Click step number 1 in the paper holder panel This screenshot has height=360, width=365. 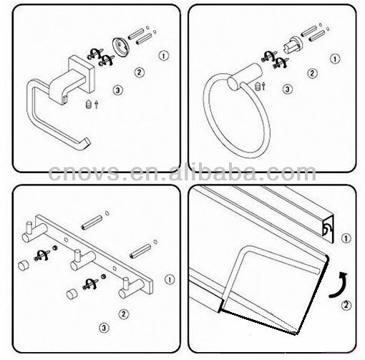click(x=164, y=56)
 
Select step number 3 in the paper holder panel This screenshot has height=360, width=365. click(x=117, y=90)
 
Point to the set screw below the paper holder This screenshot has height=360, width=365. click(x=89, y=104)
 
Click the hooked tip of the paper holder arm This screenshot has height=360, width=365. click(x=86, y=144)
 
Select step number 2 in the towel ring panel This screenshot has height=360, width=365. click(x=313, y=73)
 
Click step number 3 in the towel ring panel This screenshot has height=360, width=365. click(x=288, y=89)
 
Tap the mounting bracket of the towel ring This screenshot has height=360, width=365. click(x=293, y=44)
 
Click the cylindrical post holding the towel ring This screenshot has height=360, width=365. click(x=245, y=77)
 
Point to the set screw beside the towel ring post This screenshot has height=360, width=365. click(x=258, y=86)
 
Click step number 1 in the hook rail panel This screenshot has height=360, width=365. click(x=170, y=280)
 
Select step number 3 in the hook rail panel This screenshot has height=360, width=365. click(x=104, y=327)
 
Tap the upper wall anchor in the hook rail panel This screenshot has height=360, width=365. click(x=92, y=223)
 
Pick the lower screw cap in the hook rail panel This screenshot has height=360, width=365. click(x=71, y=294)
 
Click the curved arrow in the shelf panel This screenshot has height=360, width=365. click(x=338, y=285)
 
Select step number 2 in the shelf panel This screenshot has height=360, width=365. click(x=346, y=306)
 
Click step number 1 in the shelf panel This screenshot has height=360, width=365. click(x=346, y=238)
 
